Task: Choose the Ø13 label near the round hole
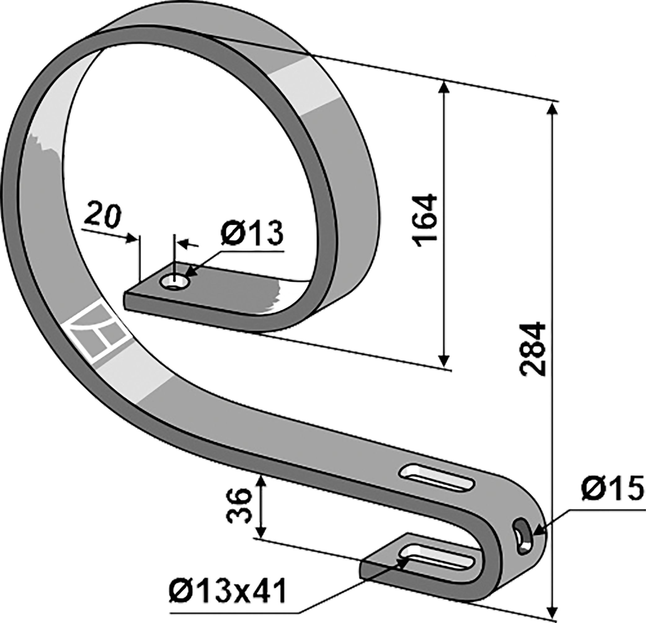pyautogui.click(x=252, y=234)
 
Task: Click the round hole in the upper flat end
pyautogui.click(x=174, y=282)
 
